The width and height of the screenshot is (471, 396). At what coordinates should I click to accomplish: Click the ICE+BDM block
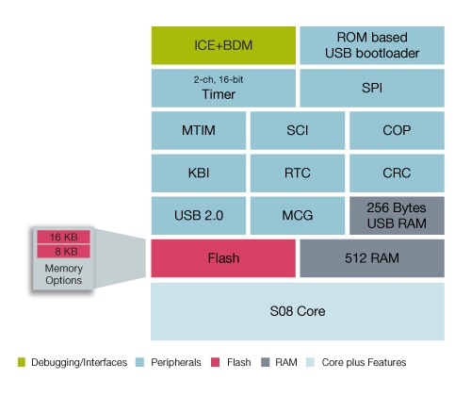[x=223, y=45]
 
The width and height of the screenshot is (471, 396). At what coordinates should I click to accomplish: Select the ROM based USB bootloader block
[x=372, y=45]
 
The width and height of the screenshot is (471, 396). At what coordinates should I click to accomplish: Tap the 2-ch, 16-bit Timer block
[x=223, y=88]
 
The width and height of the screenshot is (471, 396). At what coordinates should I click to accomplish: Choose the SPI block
[x=372, y=88]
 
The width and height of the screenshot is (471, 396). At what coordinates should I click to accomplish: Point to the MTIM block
[x=199, y=130]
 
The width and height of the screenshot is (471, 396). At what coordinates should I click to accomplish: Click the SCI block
[x=298, y=130]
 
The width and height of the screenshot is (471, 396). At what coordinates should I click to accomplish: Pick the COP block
[x=397, y=130]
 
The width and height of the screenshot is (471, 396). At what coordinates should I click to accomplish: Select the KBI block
[x=199, y=173]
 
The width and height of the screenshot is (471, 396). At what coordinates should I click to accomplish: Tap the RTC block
[x=298, y=173]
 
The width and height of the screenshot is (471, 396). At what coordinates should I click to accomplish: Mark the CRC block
[x=397, y=173]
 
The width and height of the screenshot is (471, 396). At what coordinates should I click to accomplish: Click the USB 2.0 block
[x=199, y=216]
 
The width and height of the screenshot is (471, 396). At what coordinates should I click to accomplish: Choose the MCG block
[x=298, y=216]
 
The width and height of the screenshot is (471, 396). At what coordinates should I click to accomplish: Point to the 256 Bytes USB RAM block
[x=397, y=216]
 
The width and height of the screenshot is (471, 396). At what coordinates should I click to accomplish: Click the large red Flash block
[x=223, y=258]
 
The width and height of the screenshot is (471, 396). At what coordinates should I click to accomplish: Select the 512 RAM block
[x=372, y=258]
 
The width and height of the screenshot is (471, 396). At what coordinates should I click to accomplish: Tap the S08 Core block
[x=298, y=311]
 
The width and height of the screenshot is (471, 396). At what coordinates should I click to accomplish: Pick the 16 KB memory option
[x=63, y=237]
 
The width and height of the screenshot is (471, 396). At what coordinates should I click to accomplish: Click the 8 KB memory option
[x=63, y=252]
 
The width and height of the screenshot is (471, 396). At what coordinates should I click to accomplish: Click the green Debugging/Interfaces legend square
[x=22, y=362]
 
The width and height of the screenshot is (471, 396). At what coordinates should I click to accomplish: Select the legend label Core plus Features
[x=364, y=362]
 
